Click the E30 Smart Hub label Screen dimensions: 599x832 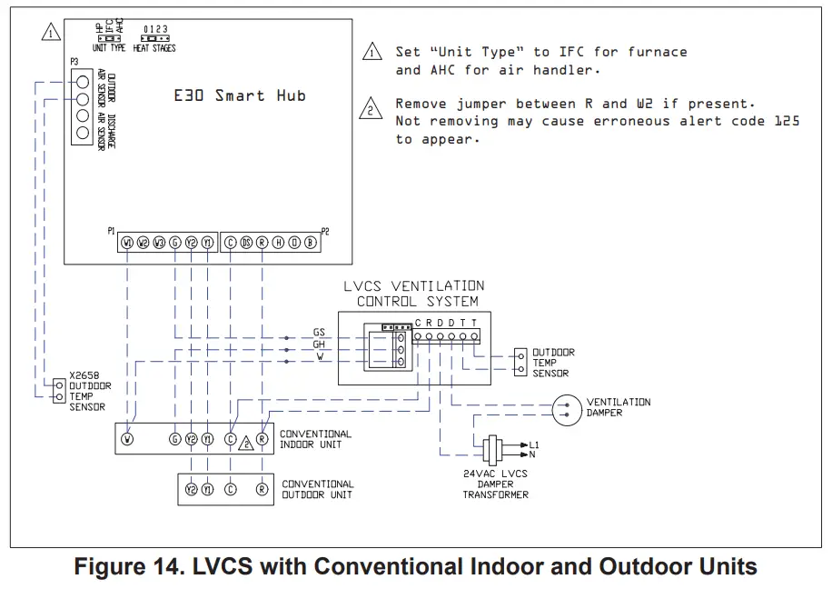point(239,95)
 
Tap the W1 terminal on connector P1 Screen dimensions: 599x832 point(127,243)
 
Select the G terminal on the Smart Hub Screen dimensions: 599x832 point(174,243)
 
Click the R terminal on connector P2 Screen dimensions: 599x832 point(262,243)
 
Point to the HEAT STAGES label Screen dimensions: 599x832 point(154,48)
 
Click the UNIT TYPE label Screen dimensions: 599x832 point(110,48)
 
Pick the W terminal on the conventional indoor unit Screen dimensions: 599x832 point(128,439)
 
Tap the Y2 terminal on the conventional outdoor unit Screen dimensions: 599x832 point(192,489)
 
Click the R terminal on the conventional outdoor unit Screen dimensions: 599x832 point(262,489)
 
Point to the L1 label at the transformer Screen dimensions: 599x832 point(534,443)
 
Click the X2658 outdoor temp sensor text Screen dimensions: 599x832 point(87,391)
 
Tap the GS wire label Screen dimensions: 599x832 point(319,333)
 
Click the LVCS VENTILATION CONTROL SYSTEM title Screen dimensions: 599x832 point(413,293)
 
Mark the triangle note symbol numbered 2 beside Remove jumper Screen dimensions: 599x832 point(371,111)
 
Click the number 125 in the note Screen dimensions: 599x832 point(787,121)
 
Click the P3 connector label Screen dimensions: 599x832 point(74,61)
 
